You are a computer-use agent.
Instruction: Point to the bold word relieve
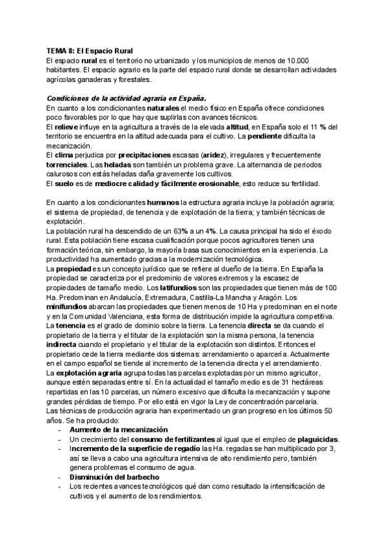70,127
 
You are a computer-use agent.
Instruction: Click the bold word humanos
164,203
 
